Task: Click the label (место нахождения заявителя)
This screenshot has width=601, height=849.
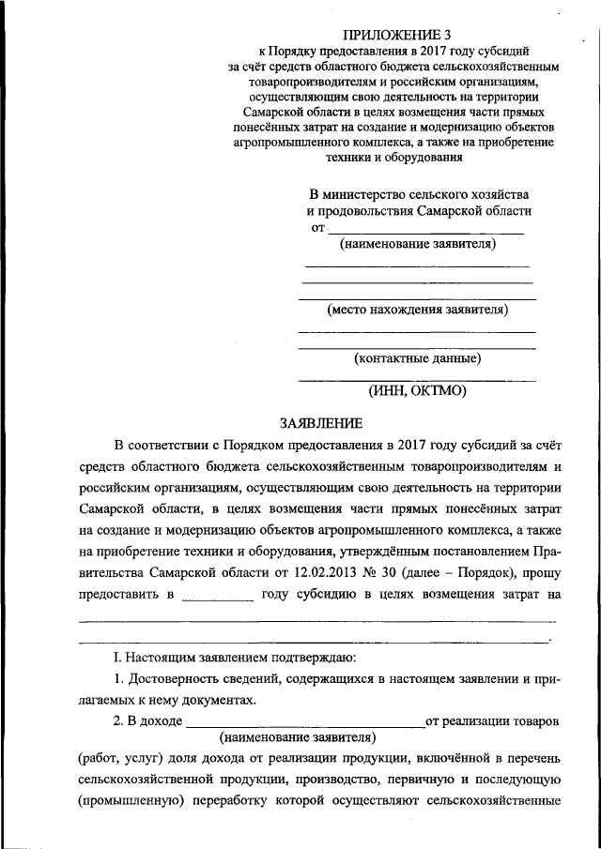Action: pos(417,309)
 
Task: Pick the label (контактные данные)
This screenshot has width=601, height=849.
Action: pos(417,357)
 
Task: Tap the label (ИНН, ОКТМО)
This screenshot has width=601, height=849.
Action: pos(417,391)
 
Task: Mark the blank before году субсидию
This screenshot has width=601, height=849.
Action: pos(217,595)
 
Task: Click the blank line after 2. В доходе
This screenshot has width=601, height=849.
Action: pos(305,723)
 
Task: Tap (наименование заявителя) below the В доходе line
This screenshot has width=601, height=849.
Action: pos(298,736)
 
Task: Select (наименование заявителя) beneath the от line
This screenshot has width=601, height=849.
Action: pos(417,245)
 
